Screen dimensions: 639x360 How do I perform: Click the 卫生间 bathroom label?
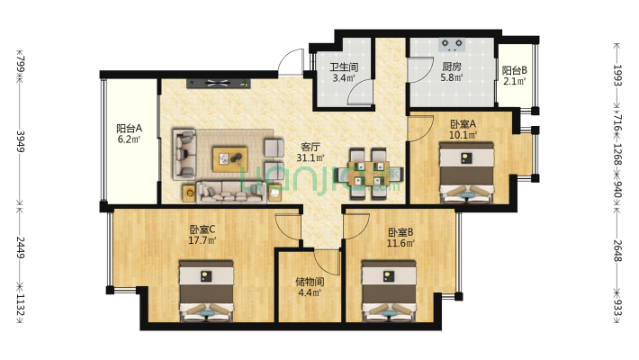[x=344, y=67]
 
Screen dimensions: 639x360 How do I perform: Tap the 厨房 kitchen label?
[x=452, y=66]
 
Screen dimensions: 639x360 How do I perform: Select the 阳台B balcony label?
[x=514, y=70]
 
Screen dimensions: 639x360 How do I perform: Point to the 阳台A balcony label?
[x=130, y=129]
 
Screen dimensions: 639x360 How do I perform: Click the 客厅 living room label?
[x=310, y=147]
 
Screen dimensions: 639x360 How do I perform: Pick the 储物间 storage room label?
[x=310, y=282]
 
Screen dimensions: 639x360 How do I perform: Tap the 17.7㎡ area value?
[x=202, y=240]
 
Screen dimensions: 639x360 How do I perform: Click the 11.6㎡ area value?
[x=400, y=243]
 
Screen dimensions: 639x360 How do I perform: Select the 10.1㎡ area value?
[x=463, y=134]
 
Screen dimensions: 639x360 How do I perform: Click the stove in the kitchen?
[x=452, y=44]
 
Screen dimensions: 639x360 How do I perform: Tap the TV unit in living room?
[x=219, y=83]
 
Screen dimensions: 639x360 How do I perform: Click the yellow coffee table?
[x=229, y=159]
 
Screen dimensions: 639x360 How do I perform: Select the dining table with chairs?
[x=368, y=174]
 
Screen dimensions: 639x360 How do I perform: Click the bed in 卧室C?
[x=206, y=291]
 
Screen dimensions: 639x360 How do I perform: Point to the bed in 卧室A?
[x=466, y=172]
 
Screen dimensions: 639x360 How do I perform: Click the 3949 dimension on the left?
[x=21, y=140]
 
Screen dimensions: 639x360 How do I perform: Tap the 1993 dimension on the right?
[x=617, y=75]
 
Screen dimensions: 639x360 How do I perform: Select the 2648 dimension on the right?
[x=617, y=250]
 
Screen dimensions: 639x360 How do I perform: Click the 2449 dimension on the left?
[x=21, y=247]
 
